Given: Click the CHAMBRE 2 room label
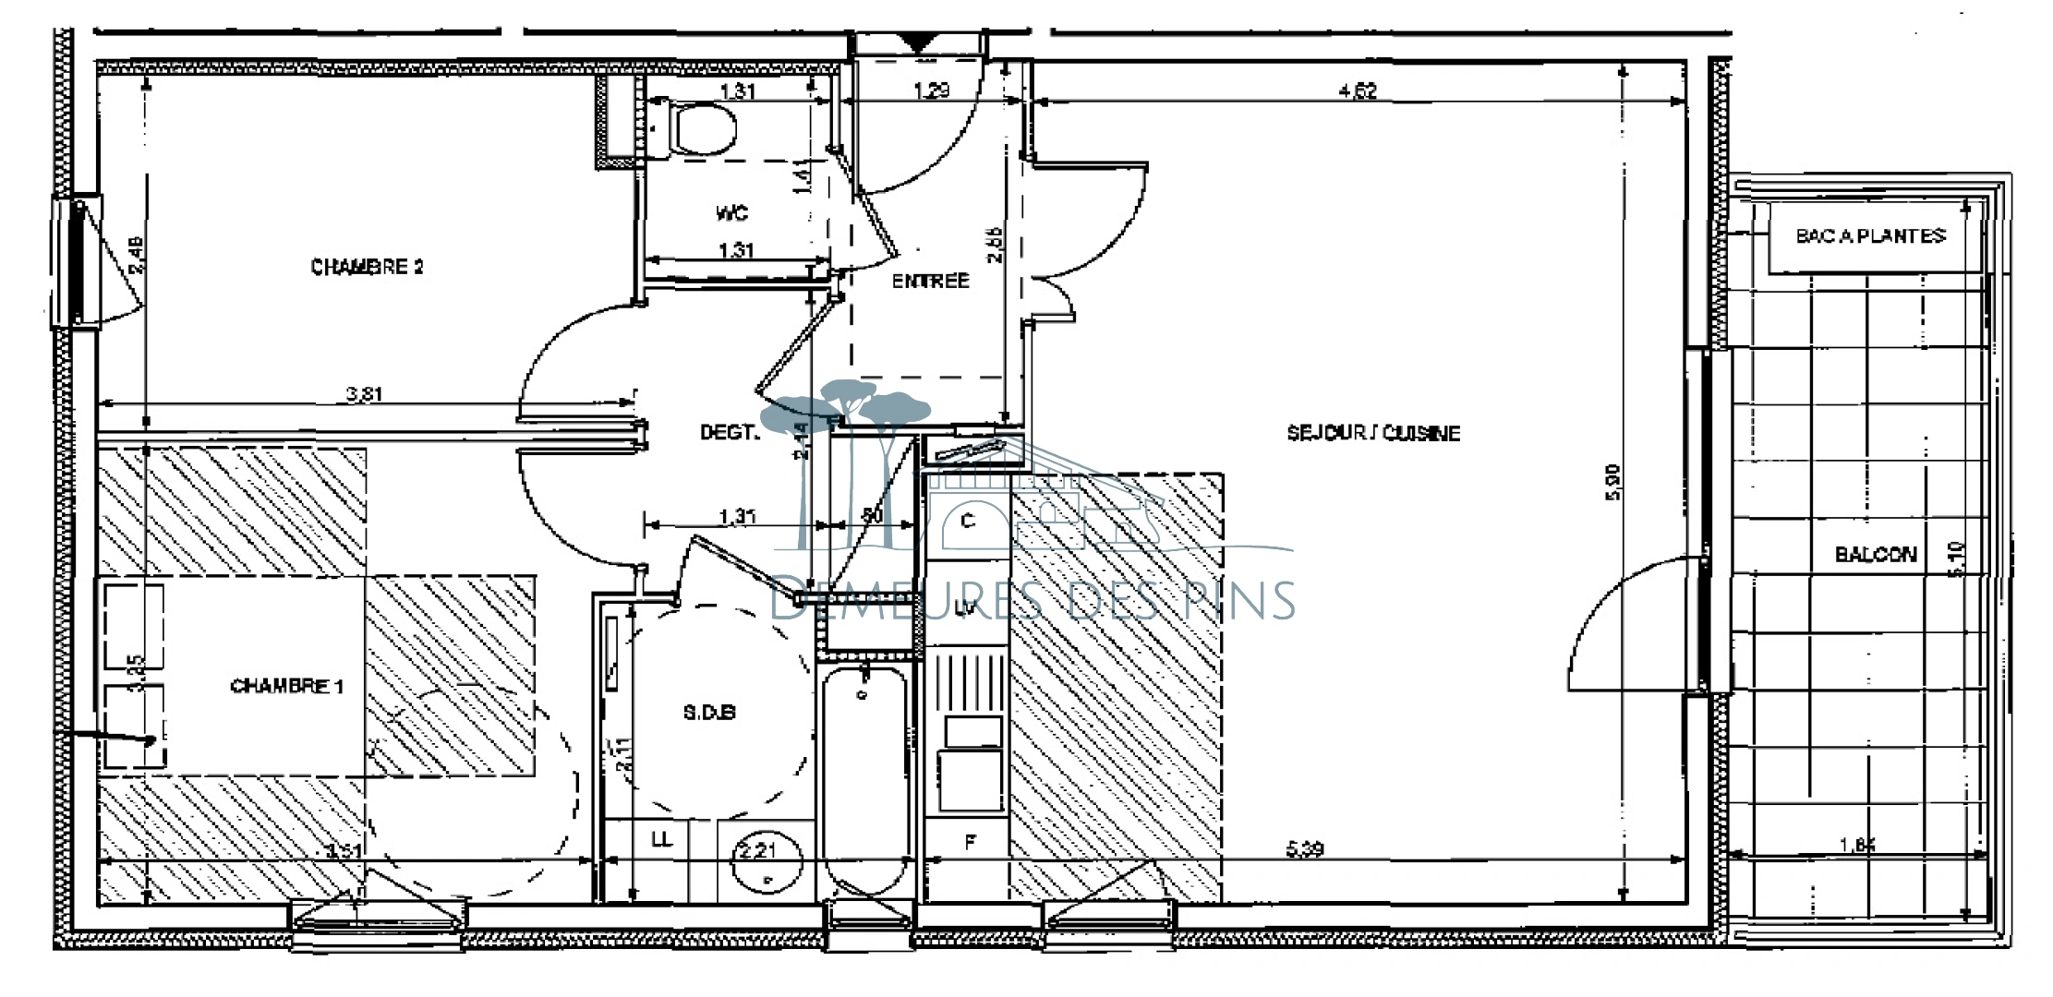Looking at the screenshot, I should (367, 267).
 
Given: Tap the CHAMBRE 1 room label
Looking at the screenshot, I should (286, 686).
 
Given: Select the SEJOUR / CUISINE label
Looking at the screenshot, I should (1373, 433).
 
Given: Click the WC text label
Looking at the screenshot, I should (731, 213).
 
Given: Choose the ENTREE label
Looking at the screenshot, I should (930, 281).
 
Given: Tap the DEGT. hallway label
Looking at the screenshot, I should (729, 432).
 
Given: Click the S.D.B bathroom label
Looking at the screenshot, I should (709, 713).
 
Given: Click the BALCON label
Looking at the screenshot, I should (1876, 555).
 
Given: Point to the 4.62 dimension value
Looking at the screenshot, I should (1358, 90).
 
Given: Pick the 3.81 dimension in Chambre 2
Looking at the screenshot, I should (364, 394).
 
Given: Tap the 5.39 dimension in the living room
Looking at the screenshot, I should (1304, 848).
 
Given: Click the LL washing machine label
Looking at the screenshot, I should (661, 839).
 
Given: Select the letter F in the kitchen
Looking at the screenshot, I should (970, 842).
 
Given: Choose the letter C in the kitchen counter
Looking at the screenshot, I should (968, 522).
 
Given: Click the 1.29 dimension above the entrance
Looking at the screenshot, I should (931, 90).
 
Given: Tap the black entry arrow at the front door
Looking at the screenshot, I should (916, 41).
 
